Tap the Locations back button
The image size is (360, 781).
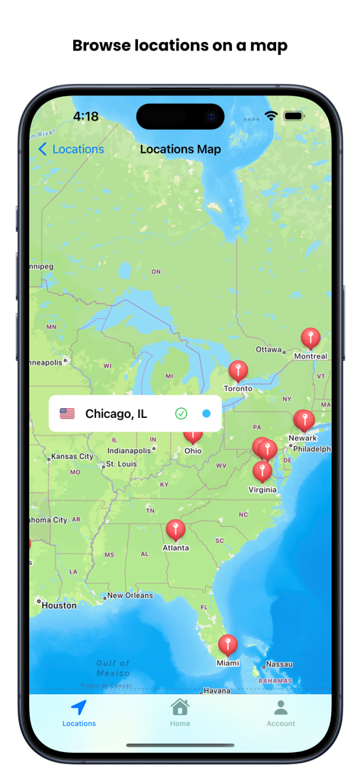(x=71, y=149)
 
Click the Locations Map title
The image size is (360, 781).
(x=180, y=149)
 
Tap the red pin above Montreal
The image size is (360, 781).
(x=310, y=337)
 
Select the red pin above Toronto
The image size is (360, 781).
(x=238, y=371)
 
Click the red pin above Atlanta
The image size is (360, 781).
(x=175, y=529)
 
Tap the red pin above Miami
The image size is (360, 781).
(x=227, y=644)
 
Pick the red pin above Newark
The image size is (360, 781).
(x=304, y=419)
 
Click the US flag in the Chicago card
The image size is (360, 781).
(x=67, y=413)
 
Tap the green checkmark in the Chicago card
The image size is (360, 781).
(x=181, y=413)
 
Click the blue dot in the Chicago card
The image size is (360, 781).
(x=206, y=413)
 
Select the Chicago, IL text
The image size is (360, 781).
(x=116, y=413)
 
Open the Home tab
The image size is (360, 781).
(x=180, y=712)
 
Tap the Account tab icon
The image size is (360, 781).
(x=281, y=707)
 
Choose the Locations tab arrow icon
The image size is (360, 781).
(x=79, y=707)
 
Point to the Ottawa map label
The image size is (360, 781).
(x=268, y=349)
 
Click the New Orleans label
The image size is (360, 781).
(x=130, y=596)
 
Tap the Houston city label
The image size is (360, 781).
(x=59, y=606)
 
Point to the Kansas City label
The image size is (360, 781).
(x=72, y=457)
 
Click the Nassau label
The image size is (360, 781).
(x=279, y=664)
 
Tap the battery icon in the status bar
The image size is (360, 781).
(x=294, y=116)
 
